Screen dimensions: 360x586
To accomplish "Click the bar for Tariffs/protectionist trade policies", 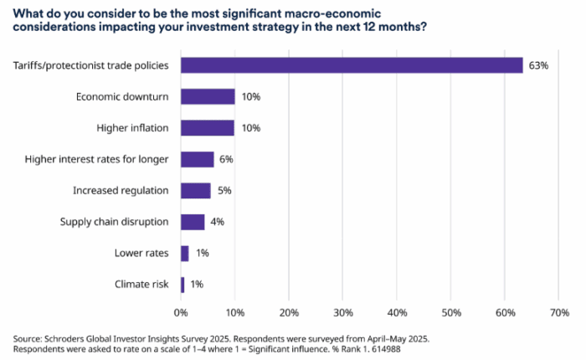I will pyautogui.click(x=352, y=65).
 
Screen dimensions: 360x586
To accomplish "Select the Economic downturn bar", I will pyautogui.click(x=208, y=97).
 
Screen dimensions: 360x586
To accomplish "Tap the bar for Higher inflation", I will pyautogui.click(x=208, y=128).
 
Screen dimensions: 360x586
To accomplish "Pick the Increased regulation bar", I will pyautogui.click(x=196, y=191).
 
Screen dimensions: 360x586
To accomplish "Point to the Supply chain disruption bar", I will pyautogui.click(x=193, y=222).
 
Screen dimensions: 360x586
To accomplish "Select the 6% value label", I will pyautogui.click(x=227, y=160).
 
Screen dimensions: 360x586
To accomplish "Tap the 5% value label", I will pyautogui.click(x=224, y=191).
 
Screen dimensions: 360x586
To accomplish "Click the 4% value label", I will pyautogui.click(x=218, y=222).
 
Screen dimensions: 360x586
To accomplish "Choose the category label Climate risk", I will pyautogui.click(x=141, y=285).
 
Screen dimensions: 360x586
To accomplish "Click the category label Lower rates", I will pyautogui.click(x=141, y=254).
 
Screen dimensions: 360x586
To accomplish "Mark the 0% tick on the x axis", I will pyautogui.click(x=181, y=312).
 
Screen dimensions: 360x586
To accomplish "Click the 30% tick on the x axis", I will pyautogui.click(x=343, y=312).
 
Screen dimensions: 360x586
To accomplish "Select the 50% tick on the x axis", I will pyautogui.click(x=451, y=312).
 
